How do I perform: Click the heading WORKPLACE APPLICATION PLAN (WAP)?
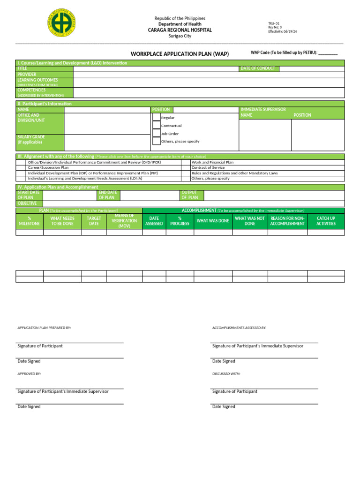point(180,54)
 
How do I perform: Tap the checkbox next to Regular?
point(156,118)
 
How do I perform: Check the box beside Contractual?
point(156,126)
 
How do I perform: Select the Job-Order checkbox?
point(156,134)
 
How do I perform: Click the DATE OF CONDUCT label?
point(258,68)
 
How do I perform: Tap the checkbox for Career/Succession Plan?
point(21,167)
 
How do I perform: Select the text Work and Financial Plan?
point(212,162)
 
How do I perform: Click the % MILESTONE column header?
point(29,221)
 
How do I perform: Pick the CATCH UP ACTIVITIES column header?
point(326,221)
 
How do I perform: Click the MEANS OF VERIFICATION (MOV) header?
point(124,221)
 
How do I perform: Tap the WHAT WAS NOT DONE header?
point(250,221)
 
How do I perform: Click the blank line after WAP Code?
point(328,53)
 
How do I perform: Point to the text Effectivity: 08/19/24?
point(282,31)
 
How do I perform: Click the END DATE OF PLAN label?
point(108,195)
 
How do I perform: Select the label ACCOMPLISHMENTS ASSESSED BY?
point(239,328)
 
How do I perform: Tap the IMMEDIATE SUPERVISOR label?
point(262,109)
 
